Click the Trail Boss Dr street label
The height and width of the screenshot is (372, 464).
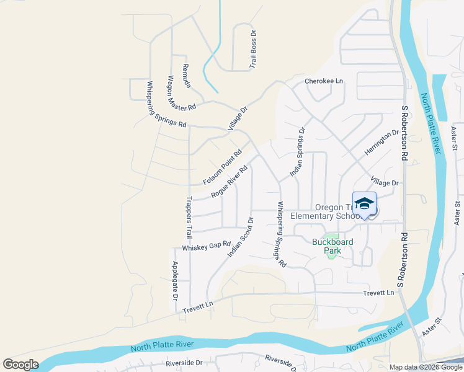click(252, 48)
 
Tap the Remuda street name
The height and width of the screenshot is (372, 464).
click(187, 75)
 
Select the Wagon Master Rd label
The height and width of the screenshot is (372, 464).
click(181, 93)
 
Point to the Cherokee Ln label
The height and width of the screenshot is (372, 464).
click(323, 81)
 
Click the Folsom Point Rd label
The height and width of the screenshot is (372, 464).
click(222, 167)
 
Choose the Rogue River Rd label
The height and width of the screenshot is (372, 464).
click(229, 181)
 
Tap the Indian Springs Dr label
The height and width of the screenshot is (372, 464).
click(298, 152)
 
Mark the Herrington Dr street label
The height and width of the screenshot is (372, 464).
click(381, 143)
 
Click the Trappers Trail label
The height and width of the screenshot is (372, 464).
click(188, 218)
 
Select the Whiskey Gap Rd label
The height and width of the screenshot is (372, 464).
click(206, 246)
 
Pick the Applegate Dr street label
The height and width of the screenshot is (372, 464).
click(176, 277)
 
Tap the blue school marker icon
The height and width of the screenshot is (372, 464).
click(364, 203)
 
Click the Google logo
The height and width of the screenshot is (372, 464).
click(20, 365)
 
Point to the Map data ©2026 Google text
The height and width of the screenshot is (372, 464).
click(425, 367)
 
